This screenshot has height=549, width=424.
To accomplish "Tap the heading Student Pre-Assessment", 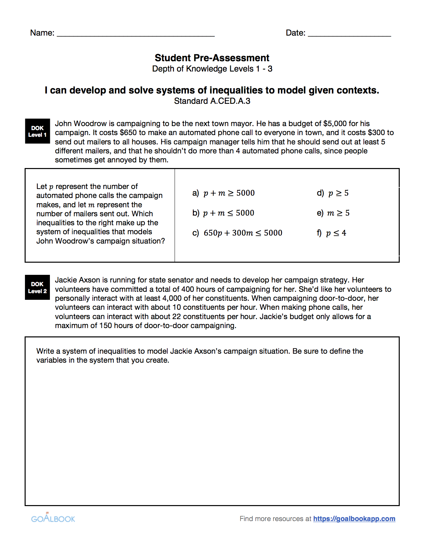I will (212, 58).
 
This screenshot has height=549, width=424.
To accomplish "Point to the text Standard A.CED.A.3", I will (212, 101).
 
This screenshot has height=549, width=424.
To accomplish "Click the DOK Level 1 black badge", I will (38, 131).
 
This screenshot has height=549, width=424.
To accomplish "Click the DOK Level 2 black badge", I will (38, 287).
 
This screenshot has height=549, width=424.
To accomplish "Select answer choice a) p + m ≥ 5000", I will (223, 193).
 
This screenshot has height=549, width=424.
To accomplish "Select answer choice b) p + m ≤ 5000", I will (223, 213).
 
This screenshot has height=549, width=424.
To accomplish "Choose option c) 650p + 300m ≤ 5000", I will (237, 233).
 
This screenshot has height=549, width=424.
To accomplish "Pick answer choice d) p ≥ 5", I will (333, 193).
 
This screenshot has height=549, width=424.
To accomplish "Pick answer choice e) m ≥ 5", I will (333, 213).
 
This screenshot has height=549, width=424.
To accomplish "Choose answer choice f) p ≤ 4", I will (331, 233).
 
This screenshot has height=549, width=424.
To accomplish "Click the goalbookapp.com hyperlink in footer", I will (354, 519).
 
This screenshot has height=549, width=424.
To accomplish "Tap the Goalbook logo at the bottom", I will (53, 518).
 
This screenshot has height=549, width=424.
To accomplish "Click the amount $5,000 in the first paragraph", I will (335, 124).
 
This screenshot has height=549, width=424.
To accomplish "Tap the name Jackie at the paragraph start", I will (66, 280).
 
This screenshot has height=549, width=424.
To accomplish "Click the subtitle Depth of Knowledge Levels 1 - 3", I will (212, 69).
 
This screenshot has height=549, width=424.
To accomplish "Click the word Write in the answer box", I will (45, 351).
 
